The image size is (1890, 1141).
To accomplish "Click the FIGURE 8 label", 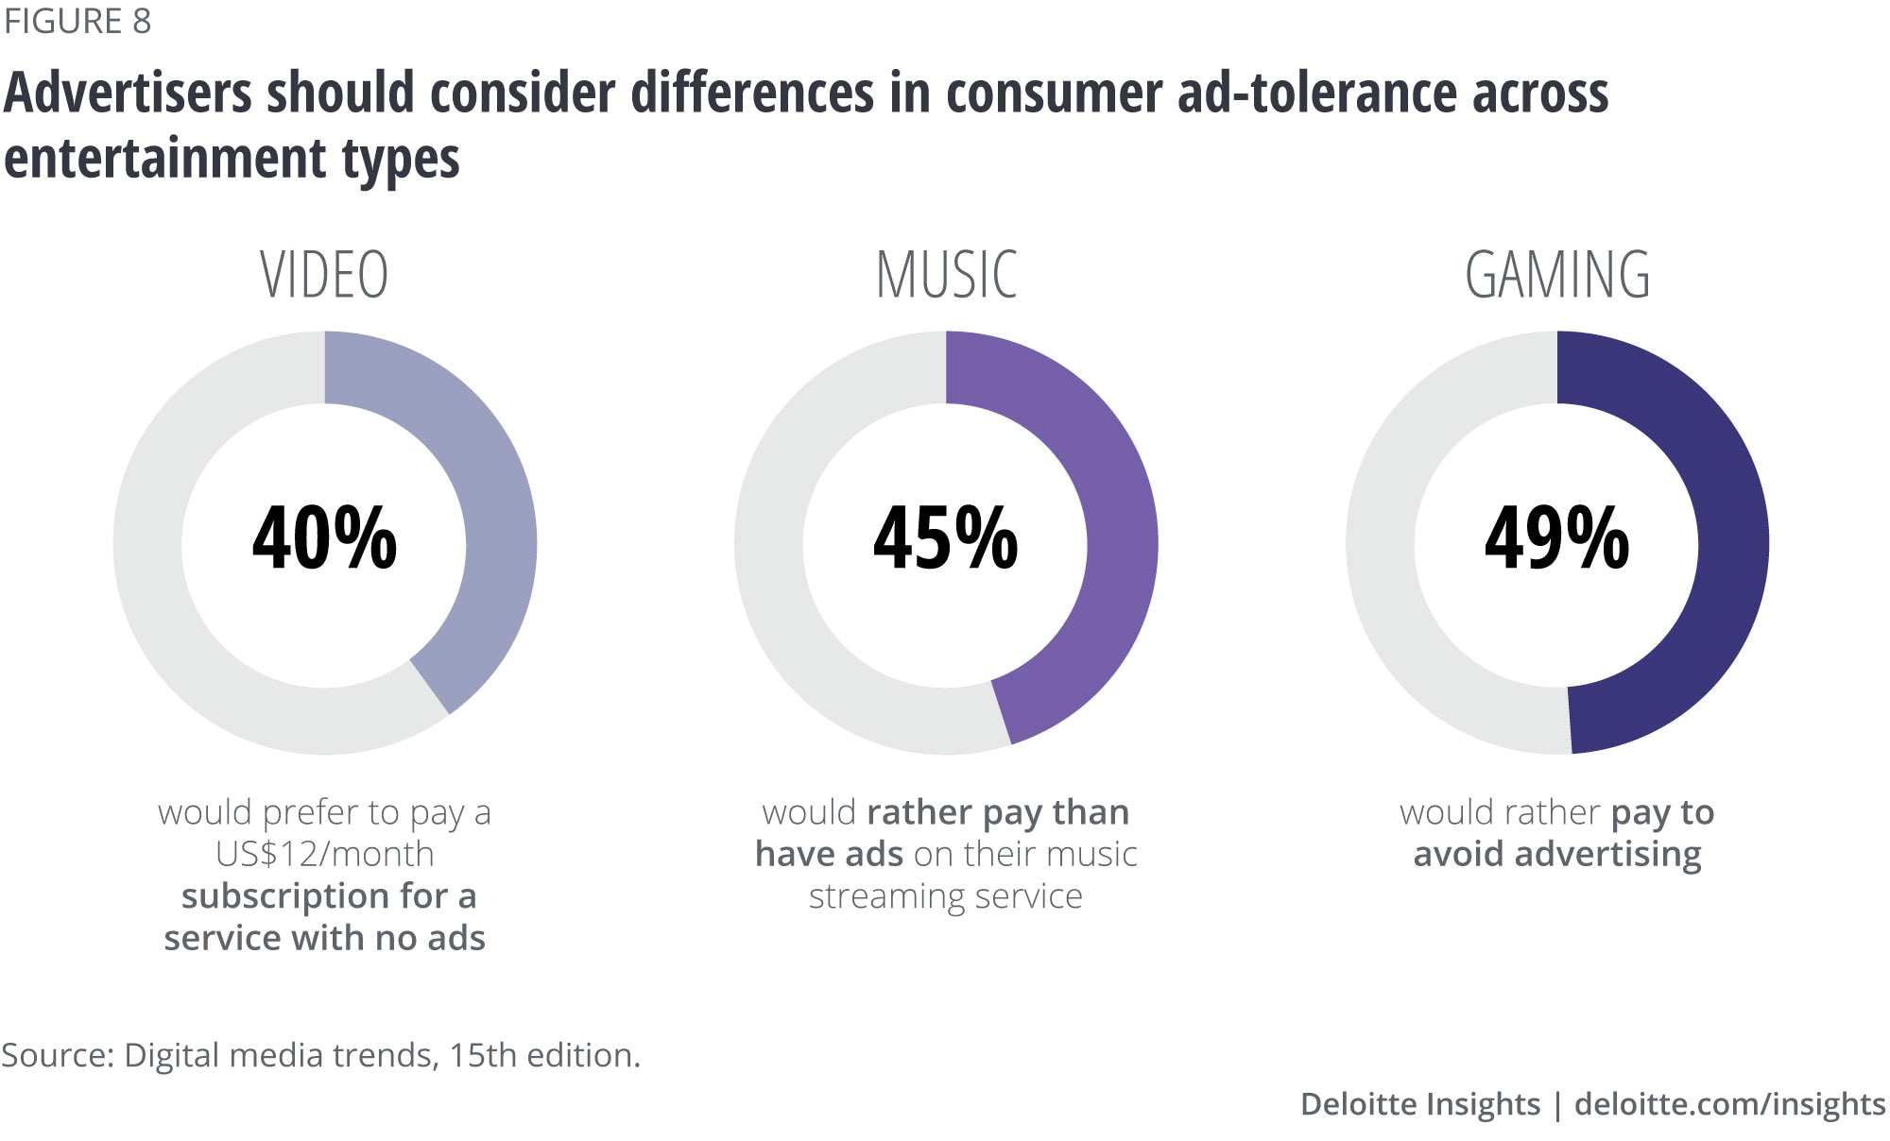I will pyautogui.click(x=77, y=21).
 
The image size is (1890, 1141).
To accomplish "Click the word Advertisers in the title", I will pyautogui.click(x=129, y=94).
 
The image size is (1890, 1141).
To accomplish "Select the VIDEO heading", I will pyautogui.click(x=324, y=276).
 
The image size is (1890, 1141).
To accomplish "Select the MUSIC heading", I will pyautogui.click(x=946, y=276).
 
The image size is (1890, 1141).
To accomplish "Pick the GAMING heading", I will pyautogui.click(x=1557, y=276).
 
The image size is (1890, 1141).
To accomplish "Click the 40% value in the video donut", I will pyautogui.click(x=324, y=538).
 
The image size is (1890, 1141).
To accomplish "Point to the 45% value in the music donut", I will pyautogui.click(x=946, y=538).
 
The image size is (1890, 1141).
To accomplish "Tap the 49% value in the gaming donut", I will pyautogui.click(x=1557, y=538).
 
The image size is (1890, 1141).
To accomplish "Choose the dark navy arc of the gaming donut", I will pyautogui.click(x=1731, y=529).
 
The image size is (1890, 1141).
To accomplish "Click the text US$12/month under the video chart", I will pyautogui.click(x=324, y=854).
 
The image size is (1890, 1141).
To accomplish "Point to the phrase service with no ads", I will pyautogui.click(x=324, y=938).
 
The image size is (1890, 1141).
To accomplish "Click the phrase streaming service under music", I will pyautogui.click(x=946, y=896).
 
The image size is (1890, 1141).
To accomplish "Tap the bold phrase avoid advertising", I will pyautogui.click(x=1557, y=854).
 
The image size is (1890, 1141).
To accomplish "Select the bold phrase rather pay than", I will pyautogui.click(x=998, y=812).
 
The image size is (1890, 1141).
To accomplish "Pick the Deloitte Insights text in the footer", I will pyautogui.click(x=1419, y=1104).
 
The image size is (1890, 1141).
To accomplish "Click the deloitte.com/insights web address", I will pyautogui.click(x=1729, y=1104).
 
